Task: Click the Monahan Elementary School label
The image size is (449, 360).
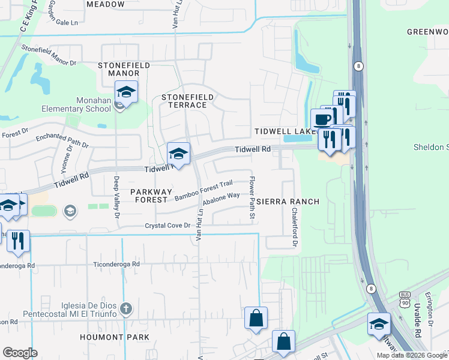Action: (x=76, y=104)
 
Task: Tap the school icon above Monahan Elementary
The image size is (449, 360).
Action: (x=126, y=92)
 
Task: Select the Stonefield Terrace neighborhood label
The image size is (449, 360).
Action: (x=184, y=101)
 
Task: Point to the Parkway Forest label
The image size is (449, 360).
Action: (x=151, y=196)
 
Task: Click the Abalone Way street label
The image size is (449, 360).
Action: (x=221, y=199)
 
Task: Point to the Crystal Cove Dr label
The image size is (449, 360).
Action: (x=167, y=226)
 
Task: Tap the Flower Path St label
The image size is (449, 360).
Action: (x=253, y=197)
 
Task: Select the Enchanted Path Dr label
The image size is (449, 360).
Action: (x=62, y=141)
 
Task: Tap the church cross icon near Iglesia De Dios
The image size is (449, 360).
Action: (x=125, y=308)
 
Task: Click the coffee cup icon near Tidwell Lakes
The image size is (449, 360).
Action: (x=322, y=119)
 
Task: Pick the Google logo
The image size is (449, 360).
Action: (x=20, y=353)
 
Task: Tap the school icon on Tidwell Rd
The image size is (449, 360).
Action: (x=178, y=154)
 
